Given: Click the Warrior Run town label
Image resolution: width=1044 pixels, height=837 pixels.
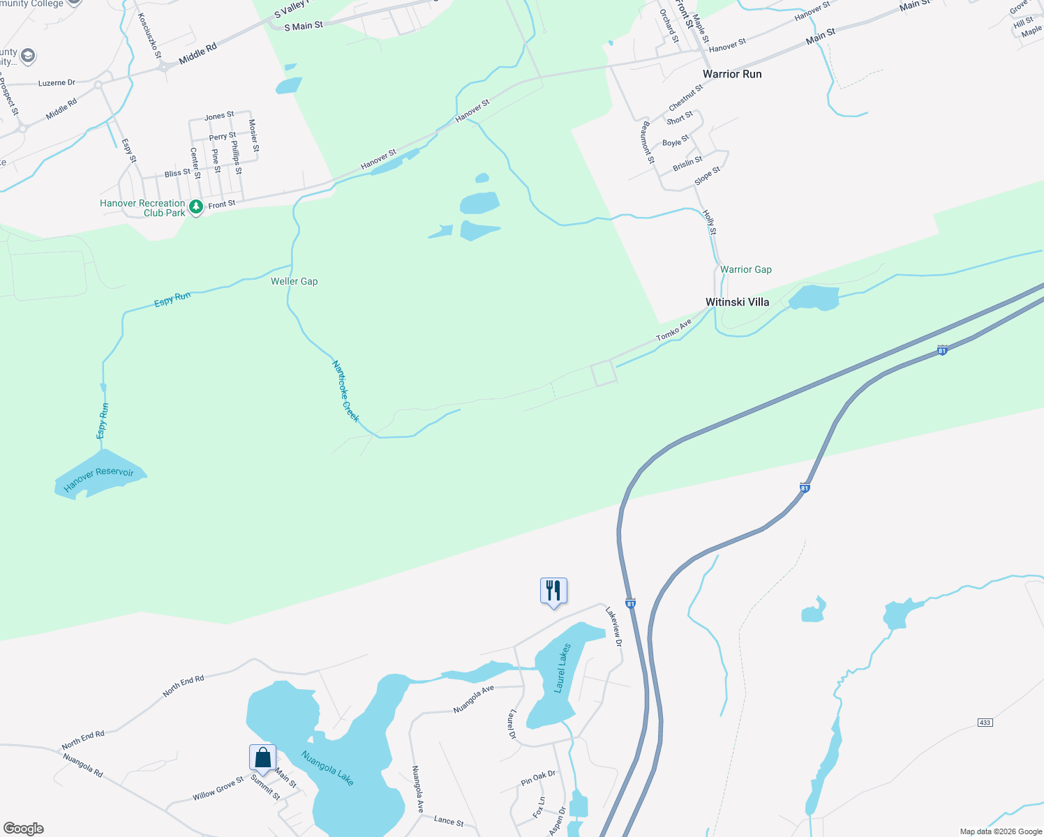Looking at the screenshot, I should [732, 74].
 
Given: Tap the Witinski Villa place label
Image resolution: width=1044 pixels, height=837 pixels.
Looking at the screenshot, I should [737, 302].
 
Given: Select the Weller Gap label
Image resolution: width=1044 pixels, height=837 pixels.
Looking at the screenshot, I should [294, 281].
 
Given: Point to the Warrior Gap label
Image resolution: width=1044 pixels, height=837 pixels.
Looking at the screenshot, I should [746, 269].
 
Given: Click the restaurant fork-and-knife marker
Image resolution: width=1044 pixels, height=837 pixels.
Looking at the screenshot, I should [553, 591].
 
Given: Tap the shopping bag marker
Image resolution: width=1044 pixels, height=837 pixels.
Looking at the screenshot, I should [262, 757].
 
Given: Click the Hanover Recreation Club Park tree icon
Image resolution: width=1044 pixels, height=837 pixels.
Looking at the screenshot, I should [196, 206].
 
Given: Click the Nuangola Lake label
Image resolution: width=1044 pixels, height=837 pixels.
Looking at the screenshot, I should [328, 767].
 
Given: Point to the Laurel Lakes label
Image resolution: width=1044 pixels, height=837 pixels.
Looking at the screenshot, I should [562, 668].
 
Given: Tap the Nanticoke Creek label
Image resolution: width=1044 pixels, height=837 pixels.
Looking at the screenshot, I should [345, 391].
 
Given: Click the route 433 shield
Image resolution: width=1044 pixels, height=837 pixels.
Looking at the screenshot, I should [985, 723].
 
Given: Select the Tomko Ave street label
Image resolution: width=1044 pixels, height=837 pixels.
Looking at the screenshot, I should [673, 330].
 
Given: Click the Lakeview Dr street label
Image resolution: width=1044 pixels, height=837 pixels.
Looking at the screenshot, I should [613, 626].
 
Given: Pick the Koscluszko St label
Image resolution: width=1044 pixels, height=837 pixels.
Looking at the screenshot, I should [149, 35].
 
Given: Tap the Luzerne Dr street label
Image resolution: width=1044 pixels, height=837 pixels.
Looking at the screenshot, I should [57, 83].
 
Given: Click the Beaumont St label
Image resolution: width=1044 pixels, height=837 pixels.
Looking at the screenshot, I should [648, 143].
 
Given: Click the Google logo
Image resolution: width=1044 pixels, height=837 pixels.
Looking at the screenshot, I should [24, 829].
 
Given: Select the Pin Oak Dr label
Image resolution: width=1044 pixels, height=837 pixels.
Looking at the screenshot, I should [538, 778].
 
